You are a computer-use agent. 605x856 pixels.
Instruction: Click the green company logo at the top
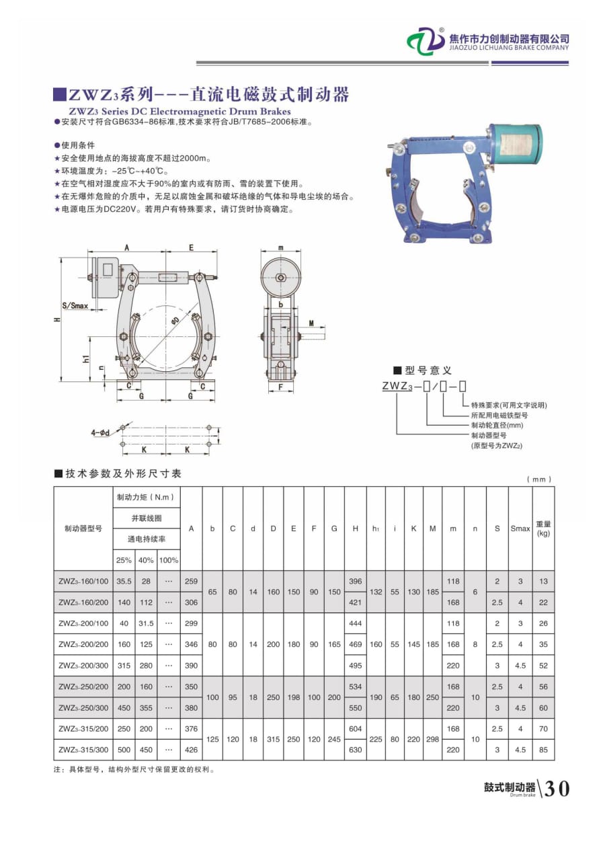tap(426, 41)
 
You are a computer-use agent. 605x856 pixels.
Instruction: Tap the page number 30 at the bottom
tap(556, 788)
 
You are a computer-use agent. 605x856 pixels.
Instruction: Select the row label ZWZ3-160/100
tap(83, 581)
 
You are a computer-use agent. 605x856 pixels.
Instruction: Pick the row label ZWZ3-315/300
tap(83, 750)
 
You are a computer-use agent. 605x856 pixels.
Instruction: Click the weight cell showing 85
tap(543, 750)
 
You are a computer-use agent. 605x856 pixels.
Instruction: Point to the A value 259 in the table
tap(192, 581)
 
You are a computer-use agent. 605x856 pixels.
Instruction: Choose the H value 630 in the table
tap(355, 750)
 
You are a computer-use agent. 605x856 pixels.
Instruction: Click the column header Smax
tap(520, 529)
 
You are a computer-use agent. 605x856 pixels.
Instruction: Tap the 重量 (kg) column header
tap(543, 529)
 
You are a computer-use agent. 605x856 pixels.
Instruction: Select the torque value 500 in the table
tap(124, 750)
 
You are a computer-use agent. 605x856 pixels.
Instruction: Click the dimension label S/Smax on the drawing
tap(75, 306)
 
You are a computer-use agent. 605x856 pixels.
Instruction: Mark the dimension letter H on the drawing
tap(58, 319)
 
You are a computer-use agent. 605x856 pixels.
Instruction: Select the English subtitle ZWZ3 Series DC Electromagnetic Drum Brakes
tap(179, 111)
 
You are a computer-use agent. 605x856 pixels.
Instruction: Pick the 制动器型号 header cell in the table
tap(83, 529)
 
